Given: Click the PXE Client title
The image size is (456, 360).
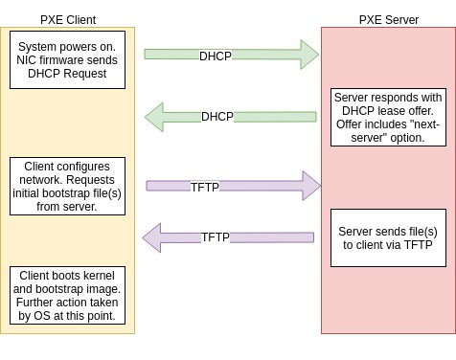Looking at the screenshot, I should click(68, 19).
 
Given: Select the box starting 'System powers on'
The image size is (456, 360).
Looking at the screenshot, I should click(69, 60).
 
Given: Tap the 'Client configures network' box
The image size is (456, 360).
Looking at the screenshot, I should click(69, 186).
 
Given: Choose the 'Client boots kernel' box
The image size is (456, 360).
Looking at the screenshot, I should click(69, 296).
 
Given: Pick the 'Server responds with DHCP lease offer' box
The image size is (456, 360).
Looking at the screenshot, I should click(388, 118).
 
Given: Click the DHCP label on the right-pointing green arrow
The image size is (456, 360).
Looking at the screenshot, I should click(216, 56).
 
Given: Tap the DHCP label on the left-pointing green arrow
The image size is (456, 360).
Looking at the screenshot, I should click(217, 117).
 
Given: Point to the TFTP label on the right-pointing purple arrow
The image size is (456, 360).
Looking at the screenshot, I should click(205, 187).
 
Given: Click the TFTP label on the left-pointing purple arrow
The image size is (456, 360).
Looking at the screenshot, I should click(216, 236).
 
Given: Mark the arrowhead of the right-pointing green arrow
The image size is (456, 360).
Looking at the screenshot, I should click(308, 55).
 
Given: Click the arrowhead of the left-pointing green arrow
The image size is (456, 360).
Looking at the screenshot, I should click(155, 117).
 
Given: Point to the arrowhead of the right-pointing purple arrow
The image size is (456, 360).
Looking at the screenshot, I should click(310, 186).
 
